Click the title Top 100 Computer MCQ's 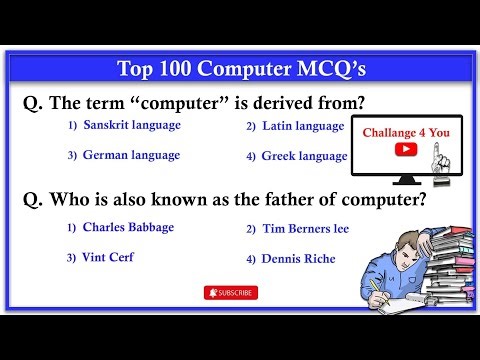(240, 69)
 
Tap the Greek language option (304, 156)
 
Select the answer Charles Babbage (128, 227)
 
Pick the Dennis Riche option (298, 259)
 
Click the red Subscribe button (230, 293)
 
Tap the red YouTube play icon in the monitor (405, 149)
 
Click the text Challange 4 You (404, 131)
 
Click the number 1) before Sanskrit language (72, 126)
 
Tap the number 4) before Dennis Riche (251, 260)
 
